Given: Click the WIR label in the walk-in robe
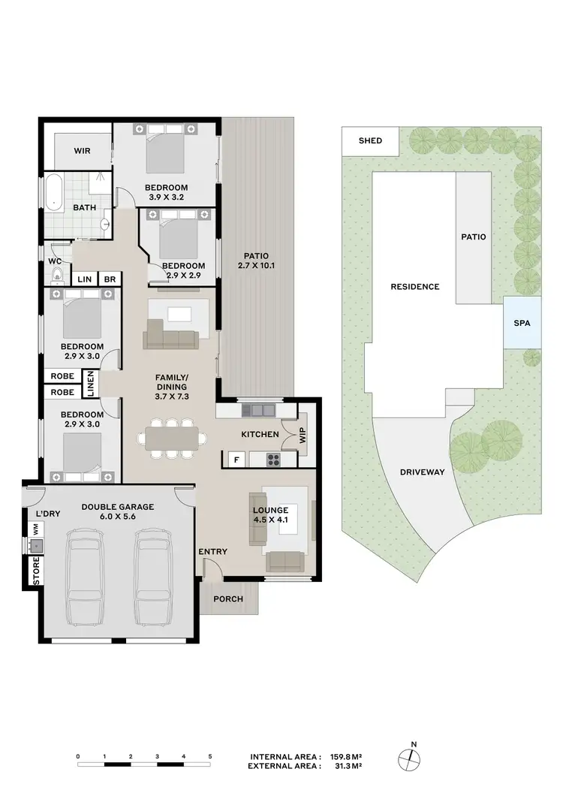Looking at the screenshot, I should click(82, 150).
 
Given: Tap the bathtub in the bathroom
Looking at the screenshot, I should click(53, 193).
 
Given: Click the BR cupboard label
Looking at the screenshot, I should click(110, 279).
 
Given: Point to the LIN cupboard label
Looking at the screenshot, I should click(85, 279).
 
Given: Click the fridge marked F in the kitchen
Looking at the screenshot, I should click(235, 460).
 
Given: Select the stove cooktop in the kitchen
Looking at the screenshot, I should click(271, 460).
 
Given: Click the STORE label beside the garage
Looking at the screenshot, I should click(35, 571).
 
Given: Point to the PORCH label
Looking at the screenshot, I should click(228, 599).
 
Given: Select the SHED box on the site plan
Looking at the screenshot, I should click(369, 140).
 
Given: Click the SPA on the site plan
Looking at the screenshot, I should click(521, 323).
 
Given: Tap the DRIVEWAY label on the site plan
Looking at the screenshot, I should click(422, 472).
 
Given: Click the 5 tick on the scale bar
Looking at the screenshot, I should click(209, 756).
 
